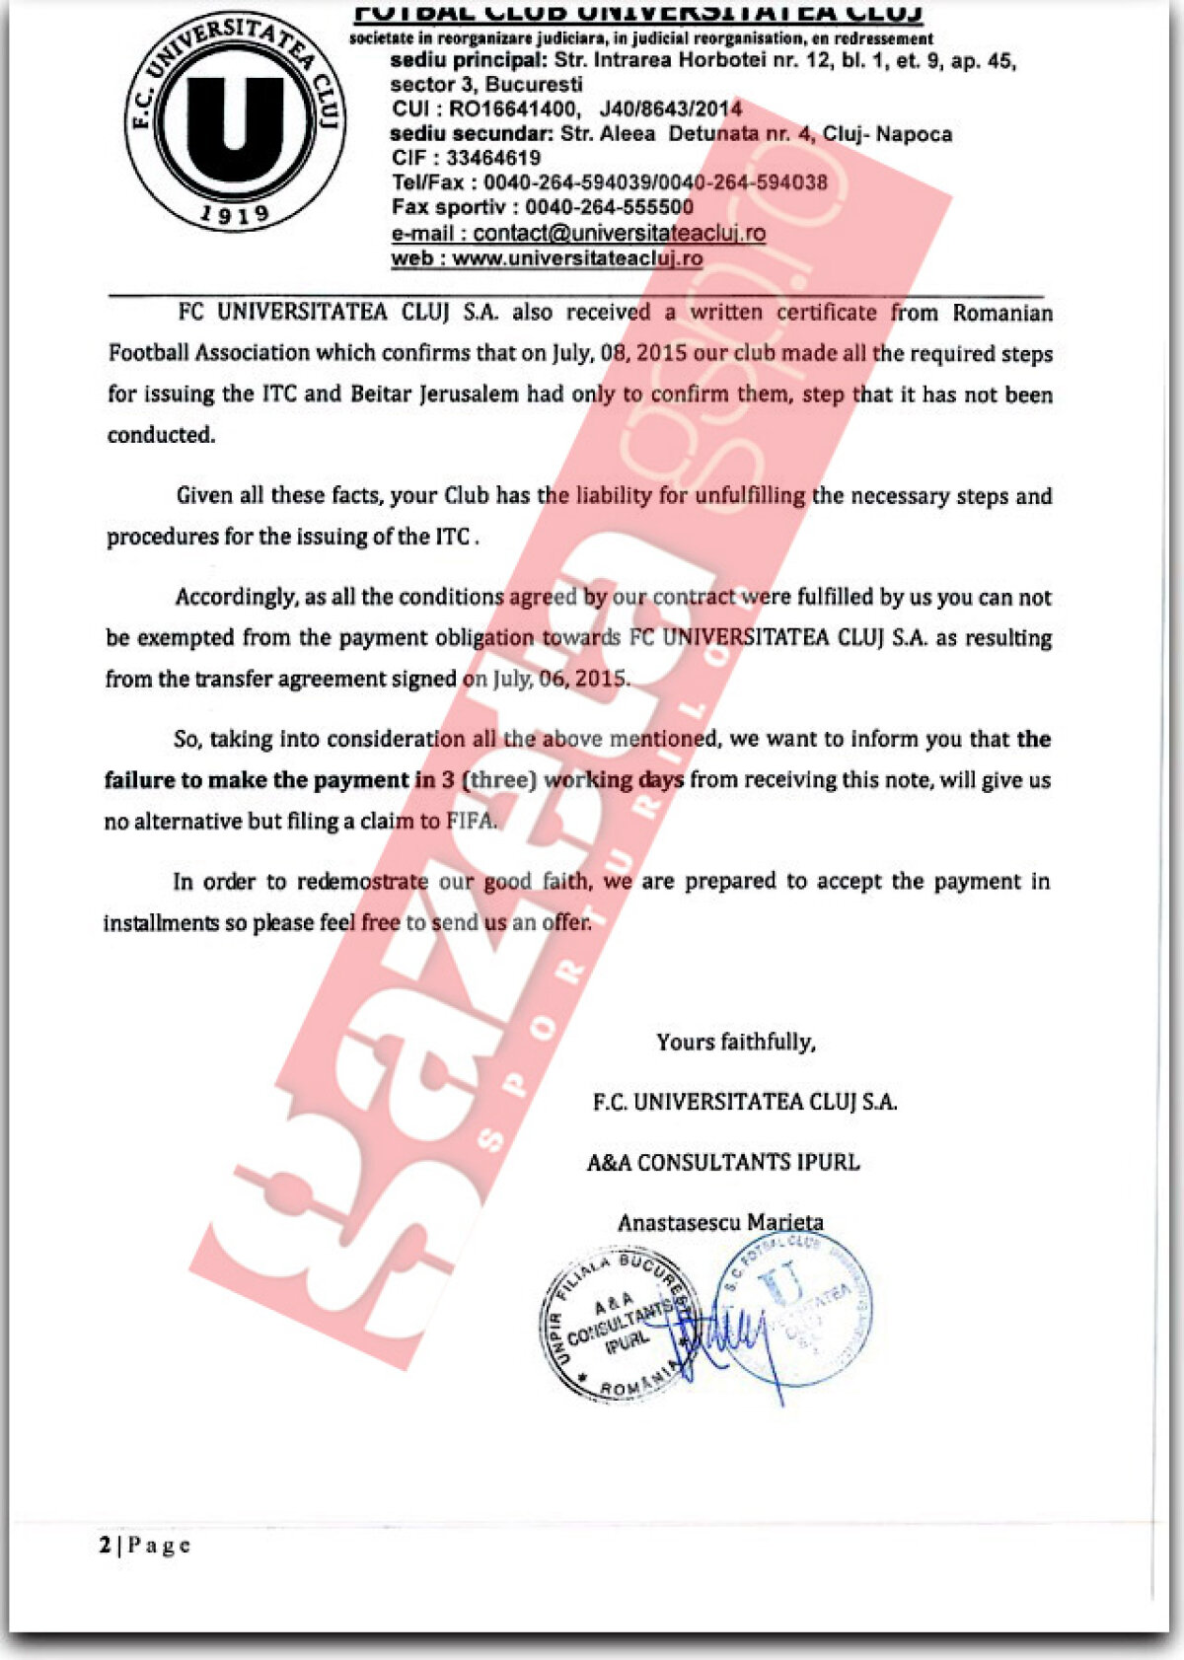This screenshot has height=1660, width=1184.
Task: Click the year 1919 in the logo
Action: tap(234, 212)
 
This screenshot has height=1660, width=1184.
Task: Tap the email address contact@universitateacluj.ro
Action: tap(619, 234)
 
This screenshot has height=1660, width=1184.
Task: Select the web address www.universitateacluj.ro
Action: tap(577, 258)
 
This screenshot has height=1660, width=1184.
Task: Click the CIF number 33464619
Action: tap(493, 158)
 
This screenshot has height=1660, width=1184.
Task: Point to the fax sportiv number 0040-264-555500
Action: tap(609, 207)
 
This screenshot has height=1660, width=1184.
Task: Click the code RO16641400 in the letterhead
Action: tap(512, 108)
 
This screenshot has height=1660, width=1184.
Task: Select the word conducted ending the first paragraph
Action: tap(161, 435)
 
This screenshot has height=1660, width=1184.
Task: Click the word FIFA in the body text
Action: tap(471, 821)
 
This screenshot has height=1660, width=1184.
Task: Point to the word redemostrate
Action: tap(362, 881)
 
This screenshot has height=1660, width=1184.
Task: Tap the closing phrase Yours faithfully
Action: tap(736, 1043)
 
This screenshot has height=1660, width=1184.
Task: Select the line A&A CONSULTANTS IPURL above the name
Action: tap(723, 1163)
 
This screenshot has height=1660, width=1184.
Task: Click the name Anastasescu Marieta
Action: tap(720, 1223)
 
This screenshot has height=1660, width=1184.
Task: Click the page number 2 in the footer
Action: tap(106, 1545)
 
